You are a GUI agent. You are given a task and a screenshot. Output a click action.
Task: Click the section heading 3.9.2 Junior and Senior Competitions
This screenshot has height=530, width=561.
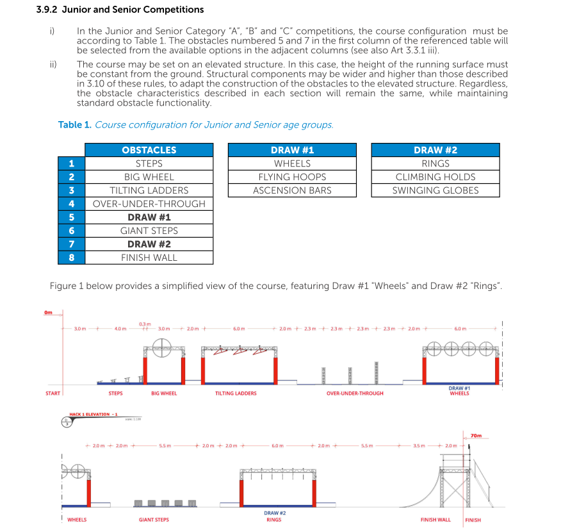120,10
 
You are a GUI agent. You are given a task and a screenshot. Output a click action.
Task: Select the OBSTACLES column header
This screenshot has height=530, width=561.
149,150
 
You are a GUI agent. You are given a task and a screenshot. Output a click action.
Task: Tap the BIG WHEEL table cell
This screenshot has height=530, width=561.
149,177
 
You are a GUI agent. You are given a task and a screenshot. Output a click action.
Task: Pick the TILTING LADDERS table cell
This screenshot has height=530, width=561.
149,190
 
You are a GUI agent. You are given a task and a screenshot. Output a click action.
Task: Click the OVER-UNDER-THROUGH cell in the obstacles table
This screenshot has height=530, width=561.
149,204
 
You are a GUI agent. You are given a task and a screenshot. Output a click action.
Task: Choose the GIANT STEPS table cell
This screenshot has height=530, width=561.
149,231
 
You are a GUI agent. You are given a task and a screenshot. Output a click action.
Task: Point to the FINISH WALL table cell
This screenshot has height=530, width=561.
149,258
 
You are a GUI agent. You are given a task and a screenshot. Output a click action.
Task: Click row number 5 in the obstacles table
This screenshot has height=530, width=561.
71,217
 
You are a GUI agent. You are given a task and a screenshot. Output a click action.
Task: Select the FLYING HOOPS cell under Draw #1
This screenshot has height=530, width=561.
292,177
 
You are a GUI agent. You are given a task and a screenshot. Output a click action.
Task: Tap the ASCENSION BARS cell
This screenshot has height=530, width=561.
292,190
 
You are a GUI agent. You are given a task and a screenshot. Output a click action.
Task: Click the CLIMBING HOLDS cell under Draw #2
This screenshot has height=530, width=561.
435,177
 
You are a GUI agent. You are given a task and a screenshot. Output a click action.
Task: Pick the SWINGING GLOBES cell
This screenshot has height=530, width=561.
435,190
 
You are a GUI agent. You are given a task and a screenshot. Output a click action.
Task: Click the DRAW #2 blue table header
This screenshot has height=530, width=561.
435,150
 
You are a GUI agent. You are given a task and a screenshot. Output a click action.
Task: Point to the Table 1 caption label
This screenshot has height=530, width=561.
75,124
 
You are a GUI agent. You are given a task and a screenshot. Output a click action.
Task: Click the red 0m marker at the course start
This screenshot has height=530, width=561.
48,312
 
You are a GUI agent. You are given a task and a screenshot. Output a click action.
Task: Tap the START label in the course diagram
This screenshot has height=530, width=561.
53,393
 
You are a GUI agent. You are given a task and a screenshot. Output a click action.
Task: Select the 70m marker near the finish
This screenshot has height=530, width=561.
476,436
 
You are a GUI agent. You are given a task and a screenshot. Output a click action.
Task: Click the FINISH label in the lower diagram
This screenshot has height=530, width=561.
473,520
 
